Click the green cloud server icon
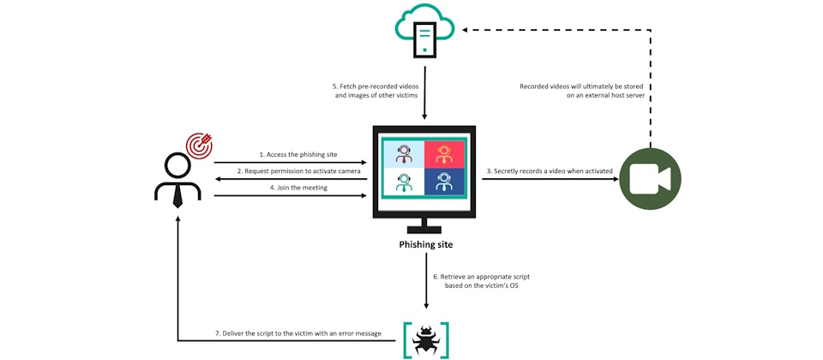pos(425,29)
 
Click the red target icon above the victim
pos(199,145)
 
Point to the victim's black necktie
pos(177,196)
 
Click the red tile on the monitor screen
pos(444,154)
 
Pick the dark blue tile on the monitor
pos(444,182)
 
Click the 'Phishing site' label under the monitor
pos(426,244)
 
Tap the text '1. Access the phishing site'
pos(298,154)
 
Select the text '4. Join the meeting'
pos(299,188)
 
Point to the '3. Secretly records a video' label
pos(550,171)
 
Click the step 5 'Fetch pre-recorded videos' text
pos(375,90)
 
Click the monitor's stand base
pos(426,230)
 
